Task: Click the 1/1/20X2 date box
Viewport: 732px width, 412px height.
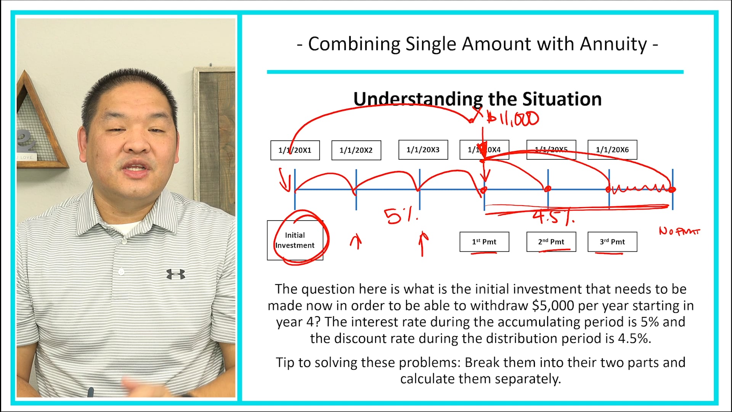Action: tap(356, 150)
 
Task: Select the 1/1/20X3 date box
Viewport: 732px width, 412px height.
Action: tap(423, 150)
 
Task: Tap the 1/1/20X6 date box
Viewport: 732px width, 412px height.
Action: tap(612, 150)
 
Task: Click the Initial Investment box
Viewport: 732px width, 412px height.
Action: tap(295, 240)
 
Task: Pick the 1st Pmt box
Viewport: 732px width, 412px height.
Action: tap(484, 242)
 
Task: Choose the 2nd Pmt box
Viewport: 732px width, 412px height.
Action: tap(551, 242)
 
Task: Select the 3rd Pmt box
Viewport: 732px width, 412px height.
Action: tap(612, 242)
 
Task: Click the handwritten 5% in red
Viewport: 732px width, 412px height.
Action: tap(400, 216)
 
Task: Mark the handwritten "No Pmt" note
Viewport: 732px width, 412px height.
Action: tap(679, 231)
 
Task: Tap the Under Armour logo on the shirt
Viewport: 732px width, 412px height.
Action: tap(175, 274)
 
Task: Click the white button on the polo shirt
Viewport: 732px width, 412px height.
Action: tap(121, 272)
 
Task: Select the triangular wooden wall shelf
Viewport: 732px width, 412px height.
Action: tap(38, 122)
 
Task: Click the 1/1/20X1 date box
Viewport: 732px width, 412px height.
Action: tap(295, 150)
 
